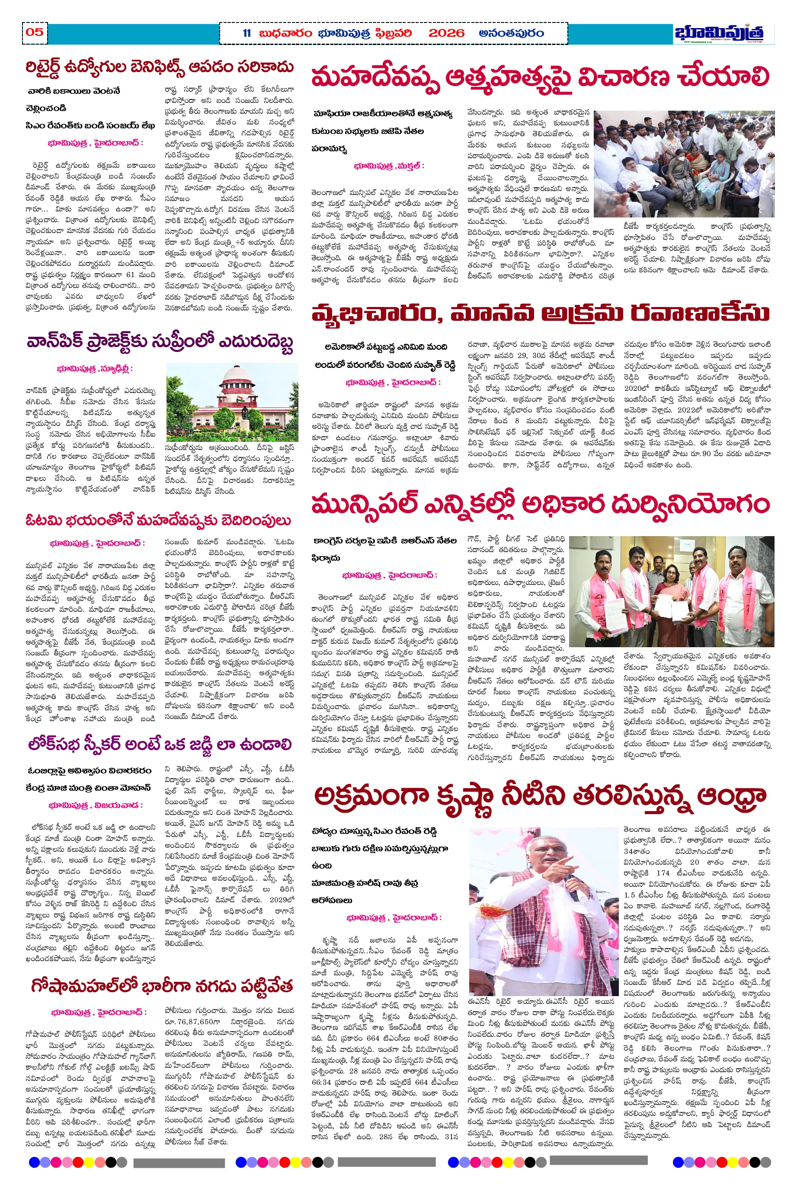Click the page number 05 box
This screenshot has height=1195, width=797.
pos(35,32)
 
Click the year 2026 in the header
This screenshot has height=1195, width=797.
pos(446,34)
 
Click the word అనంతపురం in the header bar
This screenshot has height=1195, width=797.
pos(511,34)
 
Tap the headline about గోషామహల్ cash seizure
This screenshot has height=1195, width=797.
pos(162,986)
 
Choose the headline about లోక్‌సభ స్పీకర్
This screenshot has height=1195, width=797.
pos(160,745)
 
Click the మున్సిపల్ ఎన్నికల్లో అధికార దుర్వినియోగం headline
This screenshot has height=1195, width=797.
pos(540,504)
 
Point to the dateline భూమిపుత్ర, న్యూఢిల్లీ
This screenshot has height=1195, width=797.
pos(95,368)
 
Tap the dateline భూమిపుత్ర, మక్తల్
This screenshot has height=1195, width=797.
pos(389,166)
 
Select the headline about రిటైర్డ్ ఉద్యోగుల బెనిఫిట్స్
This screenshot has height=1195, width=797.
pos(160,67)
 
